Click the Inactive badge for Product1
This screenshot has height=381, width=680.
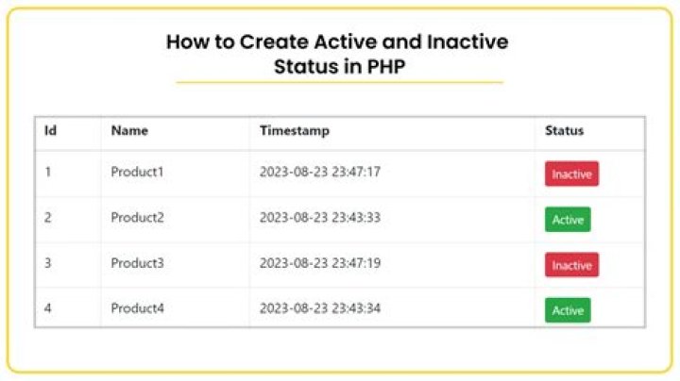[571, 174]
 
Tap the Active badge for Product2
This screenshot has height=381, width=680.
[568, 220]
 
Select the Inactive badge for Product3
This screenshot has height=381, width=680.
[571, 266]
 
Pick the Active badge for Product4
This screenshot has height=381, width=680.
[568, 310]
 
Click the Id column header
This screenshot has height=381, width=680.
[51, 131]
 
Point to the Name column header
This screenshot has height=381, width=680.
[129, 131]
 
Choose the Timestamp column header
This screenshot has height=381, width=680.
[295, 131]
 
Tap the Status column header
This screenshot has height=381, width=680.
[564, 131]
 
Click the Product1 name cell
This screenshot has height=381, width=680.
[137, 173]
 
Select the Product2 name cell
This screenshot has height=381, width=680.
[137, 218]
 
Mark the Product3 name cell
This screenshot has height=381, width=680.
[137, 263]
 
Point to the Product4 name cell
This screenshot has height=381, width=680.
[137, 308]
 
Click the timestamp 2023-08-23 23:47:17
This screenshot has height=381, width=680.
[320, 173]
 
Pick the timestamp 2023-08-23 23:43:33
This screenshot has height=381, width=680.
[320, 218]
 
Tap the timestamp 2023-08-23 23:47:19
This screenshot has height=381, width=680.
[320, 263]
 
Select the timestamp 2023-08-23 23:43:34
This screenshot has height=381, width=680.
[320, 308]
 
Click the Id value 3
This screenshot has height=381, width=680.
[48, 263]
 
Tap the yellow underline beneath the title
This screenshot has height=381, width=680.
[339, 83]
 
